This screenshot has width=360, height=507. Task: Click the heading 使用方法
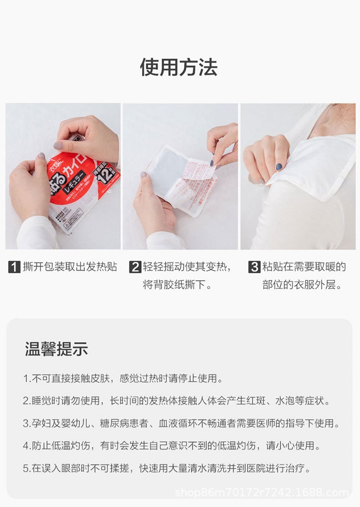[x=179, y=67]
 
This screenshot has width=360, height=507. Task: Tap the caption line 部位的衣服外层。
[x=302, y=286]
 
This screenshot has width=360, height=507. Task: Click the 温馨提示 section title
[x=56, y=349]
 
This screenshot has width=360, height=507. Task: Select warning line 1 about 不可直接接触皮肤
[x=123, y=378]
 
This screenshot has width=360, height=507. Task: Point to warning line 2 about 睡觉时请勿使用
[x=176, y=401]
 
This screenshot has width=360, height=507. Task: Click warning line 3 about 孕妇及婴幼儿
[x=181, y=424]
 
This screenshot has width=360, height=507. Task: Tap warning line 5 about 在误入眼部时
[x=167, y=468]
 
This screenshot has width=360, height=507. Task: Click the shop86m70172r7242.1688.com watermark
[x=262, y=492]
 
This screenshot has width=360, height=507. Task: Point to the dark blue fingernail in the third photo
[x=279, y=167]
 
